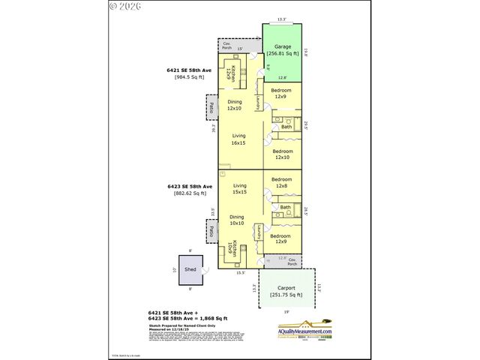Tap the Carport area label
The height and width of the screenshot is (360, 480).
coord(286,291)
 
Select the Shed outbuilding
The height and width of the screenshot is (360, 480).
coord(190,268)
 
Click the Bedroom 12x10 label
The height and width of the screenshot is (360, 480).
coord(282,154)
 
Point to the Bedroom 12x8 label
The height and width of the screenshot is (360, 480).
coord(281,183)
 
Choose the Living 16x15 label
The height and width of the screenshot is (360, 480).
coord(238,140)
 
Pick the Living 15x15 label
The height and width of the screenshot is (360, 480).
coord(239,189)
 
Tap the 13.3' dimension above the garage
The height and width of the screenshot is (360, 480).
coord(281,19)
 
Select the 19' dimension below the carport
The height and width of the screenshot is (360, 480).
coord(286,311)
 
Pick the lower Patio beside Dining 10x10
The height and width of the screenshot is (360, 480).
coord(211,230)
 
